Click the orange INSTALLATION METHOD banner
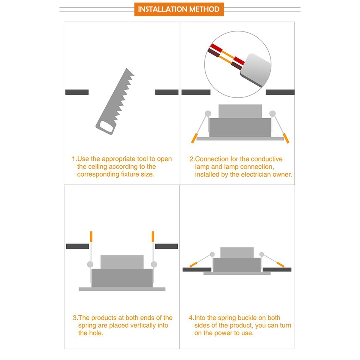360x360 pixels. (x=179, y=9)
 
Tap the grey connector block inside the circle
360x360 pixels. (x=255, y=70)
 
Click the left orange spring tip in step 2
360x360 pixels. (x=194, y=138)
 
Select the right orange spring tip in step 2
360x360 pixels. (x=286, y=138)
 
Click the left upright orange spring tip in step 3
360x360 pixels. (x=91, y=236)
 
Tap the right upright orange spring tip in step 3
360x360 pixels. (x=153, y=236)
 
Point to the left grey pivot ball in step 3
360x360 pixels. (x=90, y=265)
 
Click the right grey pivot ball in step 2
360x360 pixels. (x=272, y=113)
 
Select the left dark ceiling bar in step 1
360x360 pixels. (x=77, y=92)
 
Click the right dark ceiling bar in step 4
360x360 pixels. (x=277, y=269)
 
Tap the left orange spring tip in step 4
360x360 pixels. (x=193, y=265)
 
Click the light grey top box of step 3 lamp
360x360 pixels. (x=122, y=262)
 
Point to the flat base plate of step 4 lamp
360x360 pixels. (x=237, y=274)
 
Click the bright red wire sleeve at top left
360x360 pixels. (x=216, y=48)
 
